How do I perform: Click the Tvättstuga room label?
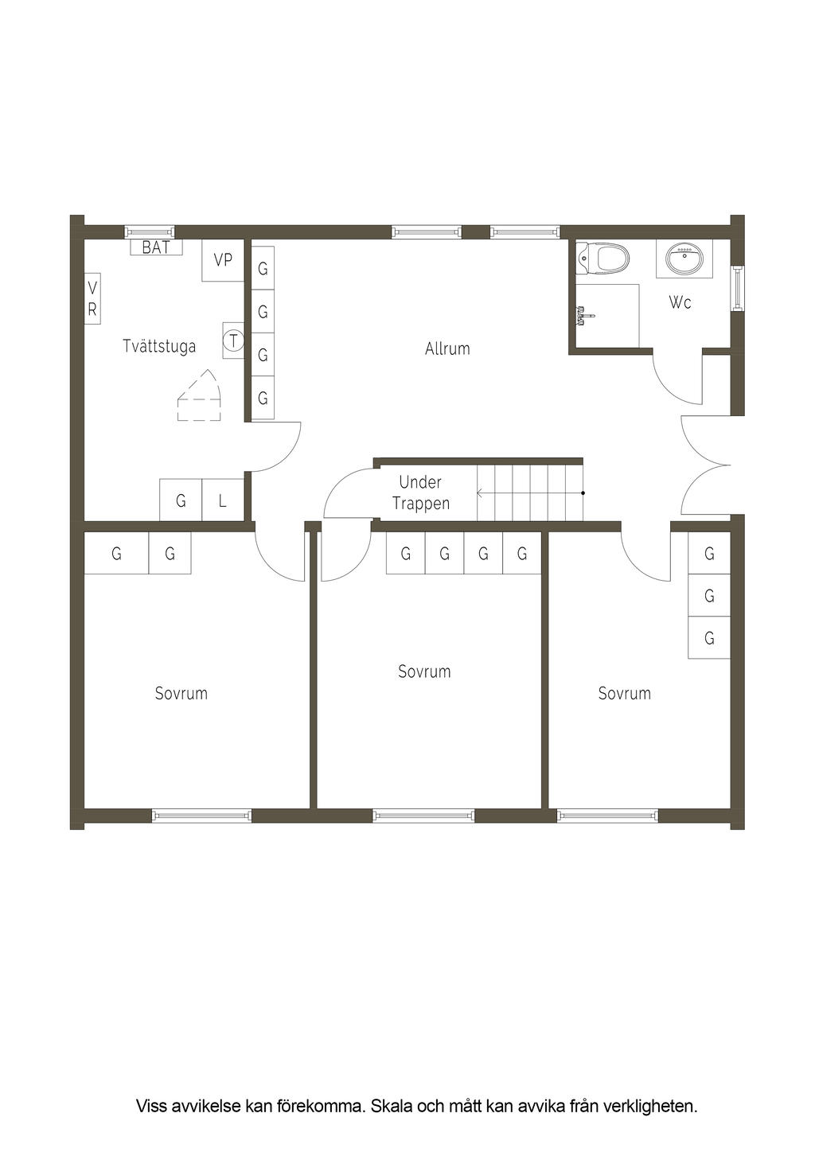[159, 346]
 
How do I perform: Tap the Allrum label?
[447, 348]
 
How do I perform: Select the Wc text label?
[680, 302]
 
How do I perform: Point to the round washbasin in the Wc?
[684, 258]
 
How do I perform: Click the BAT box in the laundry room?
[156, 247]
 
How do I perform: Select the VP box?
[223, 260]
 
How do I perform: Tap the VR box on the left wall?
[92, 298]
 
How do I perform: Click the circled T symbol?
[233, 341]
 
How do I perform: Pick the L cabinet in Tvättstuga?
[223, 500]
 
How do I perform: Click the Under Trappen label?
[420, 492]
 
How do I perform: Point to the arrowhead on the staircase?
[480, 493]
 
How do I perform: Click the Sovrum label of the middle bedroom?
[424, 671]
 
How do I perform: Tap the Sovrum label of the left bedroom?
[181, 693]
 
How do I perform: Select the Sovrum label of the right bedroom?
[624, 693]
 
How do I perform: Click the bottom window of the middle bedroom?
[423, 815]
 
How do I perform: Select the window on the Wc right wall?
[738, 287]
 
